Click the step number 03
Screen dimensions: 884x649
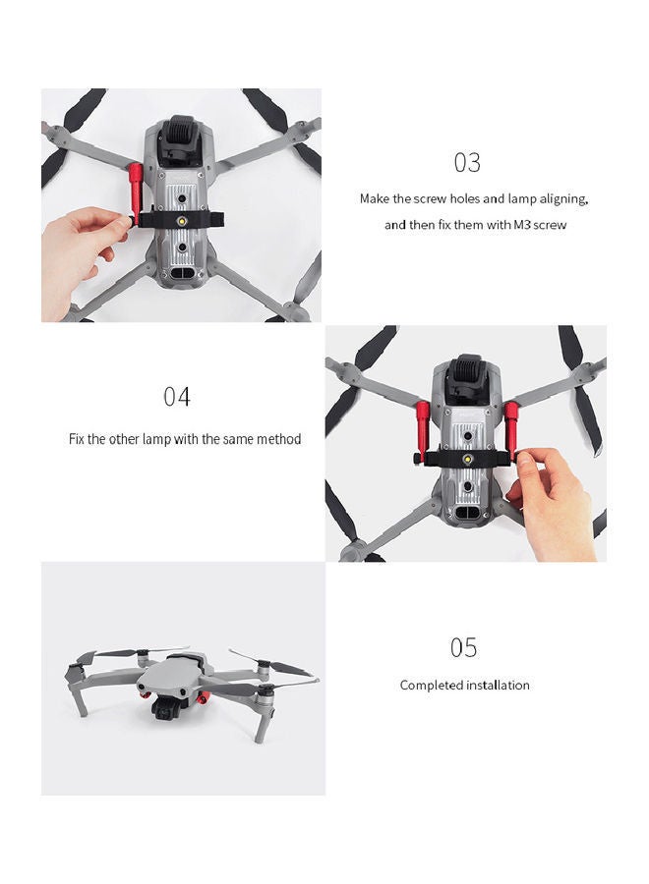467,162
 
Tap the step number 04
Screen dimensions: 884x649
177,397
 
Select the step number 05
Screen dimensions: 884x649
463,648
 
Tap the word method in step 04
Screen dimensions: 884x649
278,439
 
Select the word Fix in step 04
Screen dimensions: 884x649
78,439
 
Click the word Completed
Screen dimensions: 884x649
430,686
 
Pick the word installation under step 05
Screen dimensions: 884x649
498,686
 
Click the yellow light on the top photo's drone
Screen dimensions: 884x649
183,224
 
